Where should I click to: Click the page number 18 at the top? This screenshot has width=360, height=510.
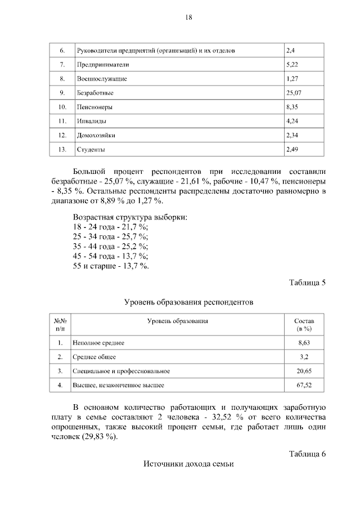click(189, 17)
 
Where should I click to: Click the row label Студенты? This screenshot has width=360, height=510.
click(91, 150)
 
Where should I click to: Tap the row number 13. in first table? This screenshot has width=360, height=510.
click(62, 150)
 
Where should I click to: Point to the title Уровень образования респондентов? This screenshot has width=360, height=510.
click(189, 302)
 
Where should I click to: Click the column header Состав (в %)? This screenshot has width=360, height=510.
click(303, 324)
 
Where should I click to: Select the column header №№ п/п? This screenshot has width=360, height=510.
click(60, 324)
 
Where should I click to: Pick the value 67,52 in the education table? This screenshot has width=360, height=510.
click(304, 386)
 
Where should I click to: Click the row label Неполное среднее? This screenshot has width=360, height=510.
click(98, 342)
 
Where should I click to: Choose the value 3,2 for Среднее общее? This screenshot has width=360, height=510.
click(304, 357)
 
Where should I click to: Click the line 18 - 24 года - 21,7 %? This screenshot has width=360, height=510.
click(111, 226)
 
